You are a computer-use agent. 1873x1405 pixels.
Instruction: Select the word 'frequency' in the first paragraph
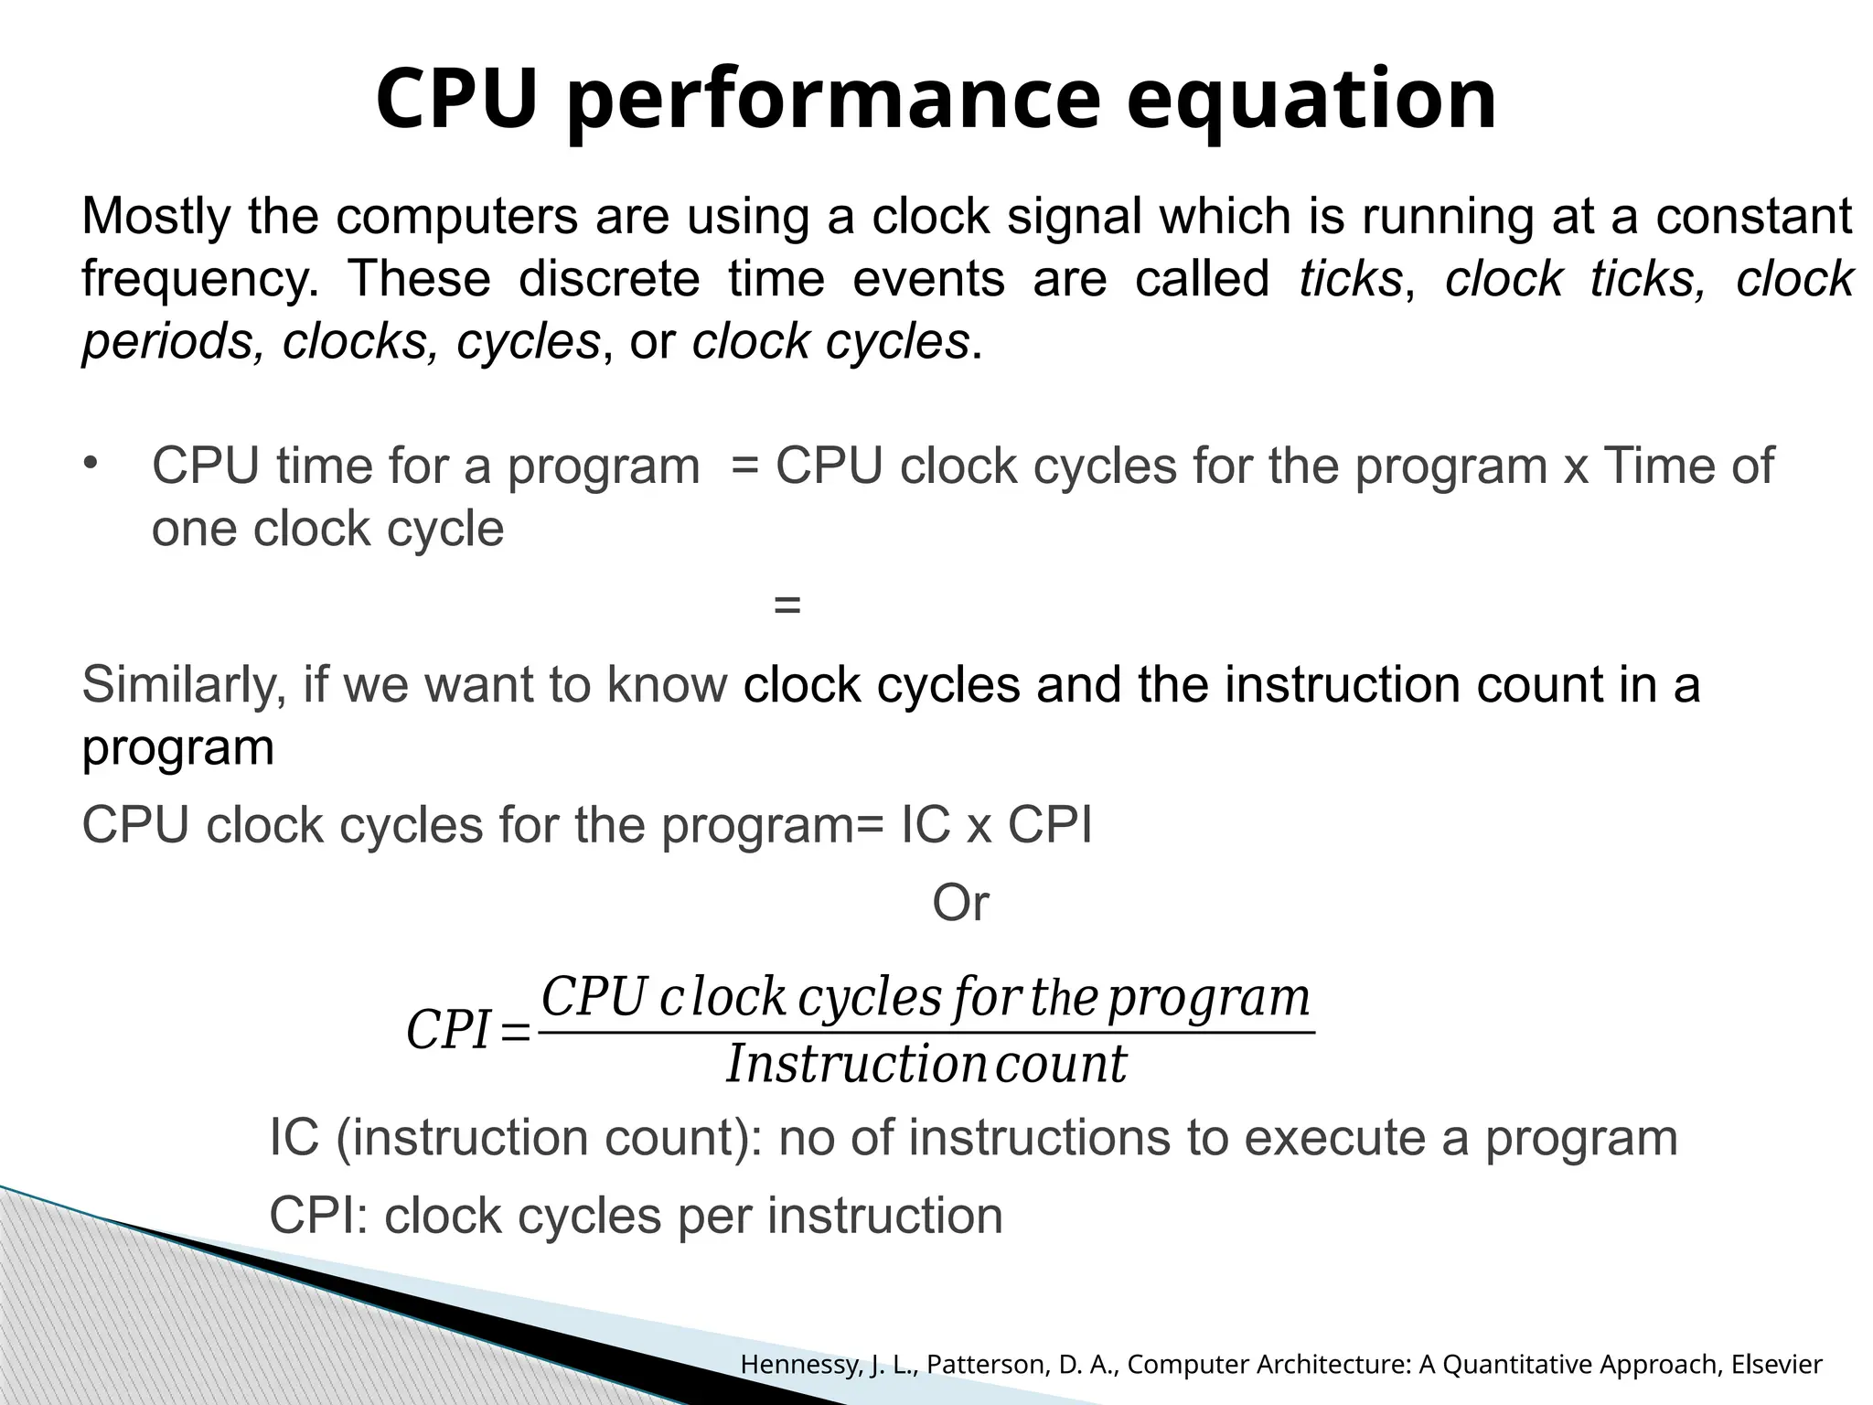pos(198,279)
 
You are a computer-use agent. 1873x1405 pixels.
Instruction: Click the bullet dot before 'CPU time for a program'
pos(91,462)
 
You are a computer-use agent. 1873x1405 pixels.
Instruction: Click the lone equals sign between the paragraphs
pos(787,605)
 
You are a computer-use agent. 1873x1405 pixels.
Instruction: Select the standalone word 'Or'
pos(960,904)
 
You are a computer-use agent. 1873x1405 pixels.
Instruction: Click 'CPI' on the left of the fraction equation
pos(449,1031)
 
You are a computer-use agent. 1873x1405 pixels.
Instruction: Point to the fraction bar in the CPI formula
pos(926,1033)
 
